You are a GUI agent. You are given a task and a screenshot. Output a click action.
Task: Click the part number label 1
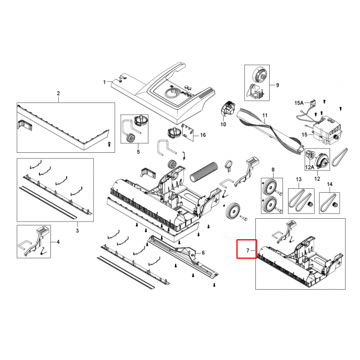point(105,82)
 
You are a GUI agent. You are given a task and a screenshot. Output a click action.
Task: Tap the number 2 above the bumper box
point(58,94)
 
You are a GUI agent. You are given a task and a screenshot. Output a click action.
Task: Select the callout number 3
point(78,230)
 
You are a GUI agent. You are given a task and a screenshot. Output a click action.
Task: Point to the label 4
point(58,242)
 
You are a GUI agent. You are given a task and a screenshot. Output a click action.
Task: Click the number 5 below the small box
point(138,152)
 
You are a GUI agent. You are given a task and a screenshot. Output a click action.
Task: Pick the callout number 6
point(203,253)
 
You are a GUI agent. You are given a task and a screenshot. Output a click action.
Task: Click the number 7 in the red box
point(248,250)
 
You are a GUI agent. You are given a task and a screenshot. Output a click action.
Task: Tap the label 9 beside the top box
point(277,85)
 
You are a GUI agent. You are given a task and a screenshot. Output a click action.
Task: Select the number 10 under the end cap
point(223,125)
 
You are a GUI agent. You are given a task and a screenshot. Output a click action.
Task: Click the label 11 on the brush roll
point(265,115)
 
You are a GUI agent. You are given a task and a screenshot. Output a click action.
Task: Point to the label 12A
point(310,167)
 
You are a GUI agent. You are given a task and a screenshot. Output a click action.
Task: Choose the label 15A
point(299,103)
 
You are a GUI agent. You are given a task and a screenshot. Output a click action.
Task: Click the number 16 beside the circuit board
point(203,135)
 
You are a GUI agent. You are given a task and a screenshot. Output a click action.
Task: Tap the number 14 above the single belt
point(330,184)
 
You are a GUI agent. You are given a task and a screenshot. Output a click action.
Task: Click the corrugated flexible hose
point(203,172)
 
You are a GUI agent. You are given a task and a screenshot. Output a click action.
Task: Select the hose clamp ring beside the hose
point(229,166)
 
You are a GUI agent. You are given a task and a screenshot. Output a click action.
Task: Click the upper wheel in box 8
point(270,188)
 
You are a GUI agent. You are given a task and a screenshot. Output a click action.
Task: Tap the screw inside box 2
point(110,144)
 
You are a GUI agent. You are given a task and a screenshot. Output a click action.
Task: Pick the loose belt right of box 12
point(340,157)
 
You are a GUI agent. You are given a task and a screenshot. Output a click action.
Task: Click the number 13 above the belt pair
point(299,179)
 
